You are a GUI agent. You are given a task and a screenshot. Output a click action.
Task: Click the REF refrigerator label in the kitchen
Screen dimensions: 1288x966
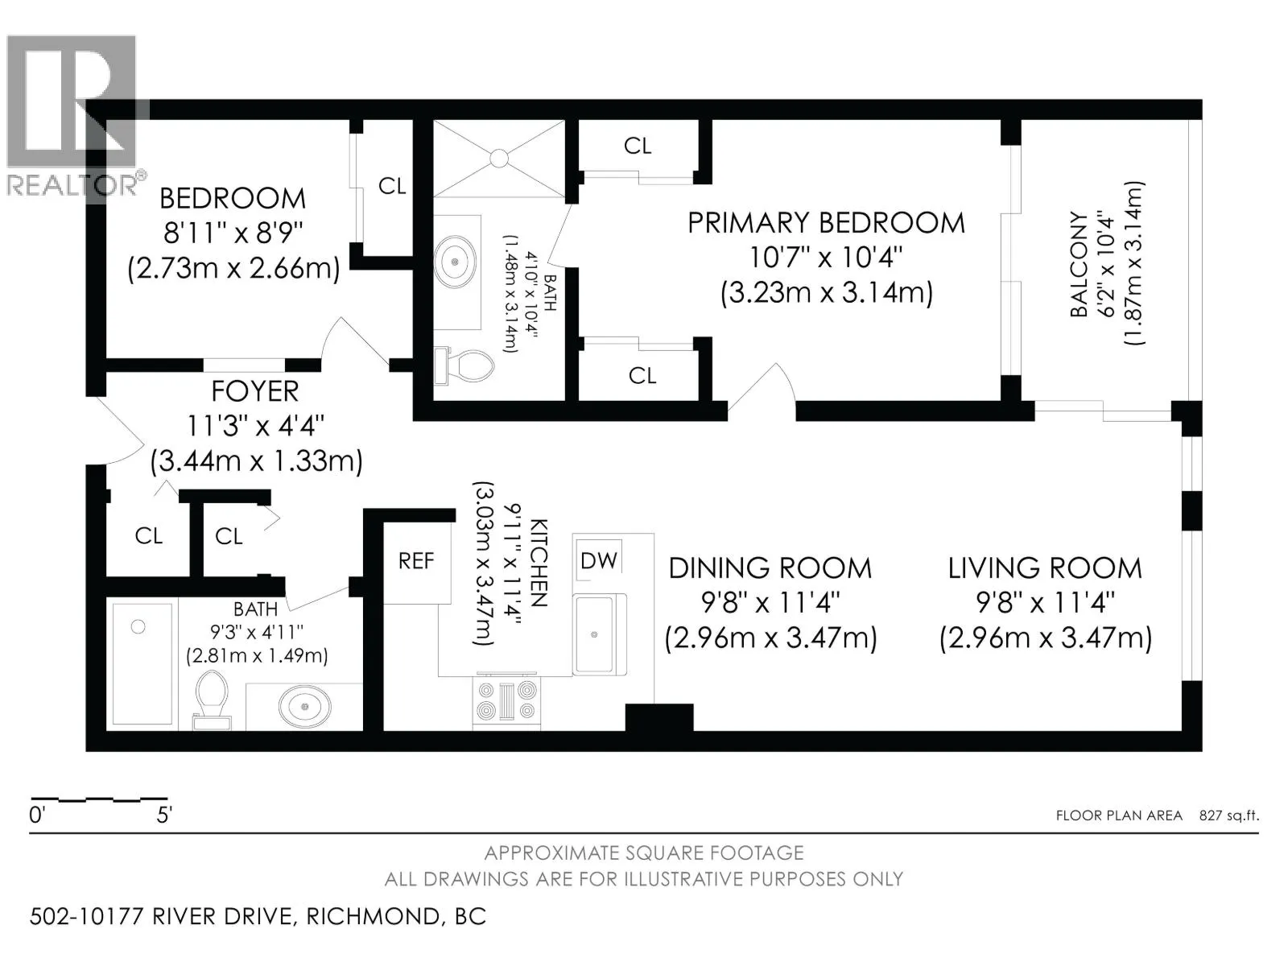pyautogui.click(x=416, y=561)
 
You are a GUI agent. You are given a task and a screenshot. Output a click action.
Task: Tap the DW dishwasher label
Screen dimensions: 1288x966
pyautogui.click(x=599, y=561)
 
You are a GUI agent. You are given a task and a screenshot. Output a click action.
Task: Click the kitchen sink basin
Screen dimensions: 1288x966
pyautogui.click(x=594, y=634)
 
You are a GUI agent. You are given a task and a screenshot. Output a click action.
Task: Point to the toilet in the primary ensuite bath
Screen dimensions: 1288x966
pyautogui.click(x=464, y=366)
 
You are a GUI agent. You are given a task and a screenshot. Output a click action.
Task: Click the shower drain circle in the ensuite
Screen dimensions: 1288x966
pyautogui.click(x=499, y=158)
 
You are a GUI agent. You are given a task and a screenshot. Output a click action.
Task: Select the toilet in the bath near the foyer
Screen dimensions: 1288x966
pyautogui.click(x=212, y=700)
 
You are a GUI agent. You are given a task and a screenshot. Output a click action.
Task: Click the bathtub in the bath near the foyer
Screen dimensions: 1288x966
pyautogui.click(x=142, y=664)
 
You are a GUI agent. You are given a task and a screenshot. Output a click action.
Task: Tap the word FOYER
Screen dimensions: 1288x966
pyautogui.click(x=254, y=391)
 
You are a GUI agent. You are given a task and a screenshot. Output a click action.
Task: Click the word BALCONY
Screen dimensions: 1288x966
pyautogui.click(x=1079, y=265)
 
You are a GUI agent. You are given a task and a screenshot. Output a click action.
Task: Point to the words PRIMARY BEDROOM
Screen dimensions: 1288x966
pyautogui.click(x=826, y=223)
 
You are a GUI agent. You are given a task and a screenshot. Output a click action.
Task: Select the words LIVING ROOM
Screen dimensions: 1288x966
pyautogui.click(x=1045, y=568)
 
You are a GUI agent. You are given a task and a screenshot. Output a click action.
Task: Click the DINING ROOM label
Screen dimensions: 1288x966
pyautogui.click(x=770, y=568)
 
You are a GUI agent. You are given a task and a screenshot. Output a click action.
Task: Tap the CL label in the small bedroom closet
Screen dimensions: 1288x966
pyautogui.click(x=392, y=186)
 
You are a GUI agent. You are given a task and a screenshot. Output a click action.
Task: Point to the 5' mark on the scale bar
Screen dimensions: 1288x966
pyautogui.click(x=164, y=815)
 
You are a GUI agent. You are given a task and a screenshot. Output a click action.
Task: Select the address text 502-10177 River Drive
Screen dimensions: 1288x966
pyautogui.click(x=161, y=917)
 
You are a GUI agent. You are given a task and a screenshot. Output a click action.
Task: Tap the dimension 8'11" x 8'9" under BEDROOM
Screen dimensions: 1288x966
pyautogui.click(x=233, y=234)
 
